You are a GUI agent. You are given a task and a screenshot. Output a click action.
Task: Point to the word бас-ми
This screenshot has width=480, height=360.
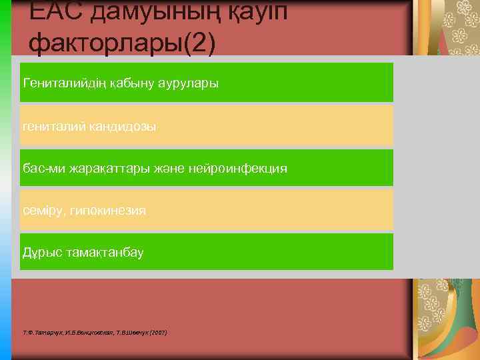pos(41,169)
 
